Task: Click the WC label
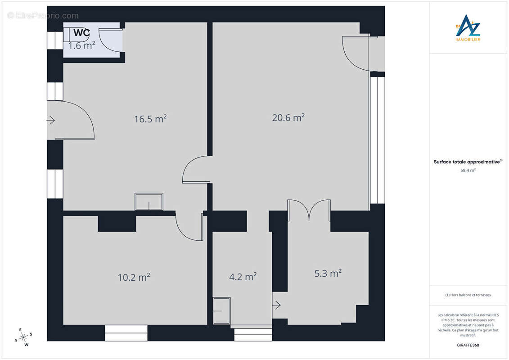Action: tap(81, 32)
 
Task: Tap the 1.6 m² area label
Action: tap(82, 45)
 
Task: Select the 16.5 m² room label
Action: tap(150, 118)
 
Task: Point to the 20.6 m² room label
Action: tap(288, 117)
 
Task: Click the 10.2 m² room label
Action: tap(134, 277)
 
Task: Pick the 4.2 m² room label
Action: tap(243, 276)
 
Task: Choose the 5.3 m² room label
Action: tap(328, 273)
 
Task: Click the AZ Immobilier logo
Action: tap(468, 28)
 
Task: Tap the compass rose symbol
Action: tap(23, 337)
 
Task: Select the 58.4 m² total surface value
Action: tap(468, 170)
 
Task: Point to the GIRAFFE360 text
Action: tap(468, 345)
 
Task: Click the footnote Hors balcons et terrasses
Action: tap(468, 295)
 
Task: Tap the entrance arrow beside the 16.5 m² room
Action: tap(51, 121)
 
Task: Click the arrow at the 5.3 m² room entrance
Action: tap(276, 305)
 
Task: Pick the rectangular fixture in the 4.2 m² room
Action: tap(222, 310)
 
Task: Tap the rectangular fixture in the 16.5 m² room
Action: tap(149, 202)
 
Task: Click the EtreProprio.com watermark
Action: tap(43, 16)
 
